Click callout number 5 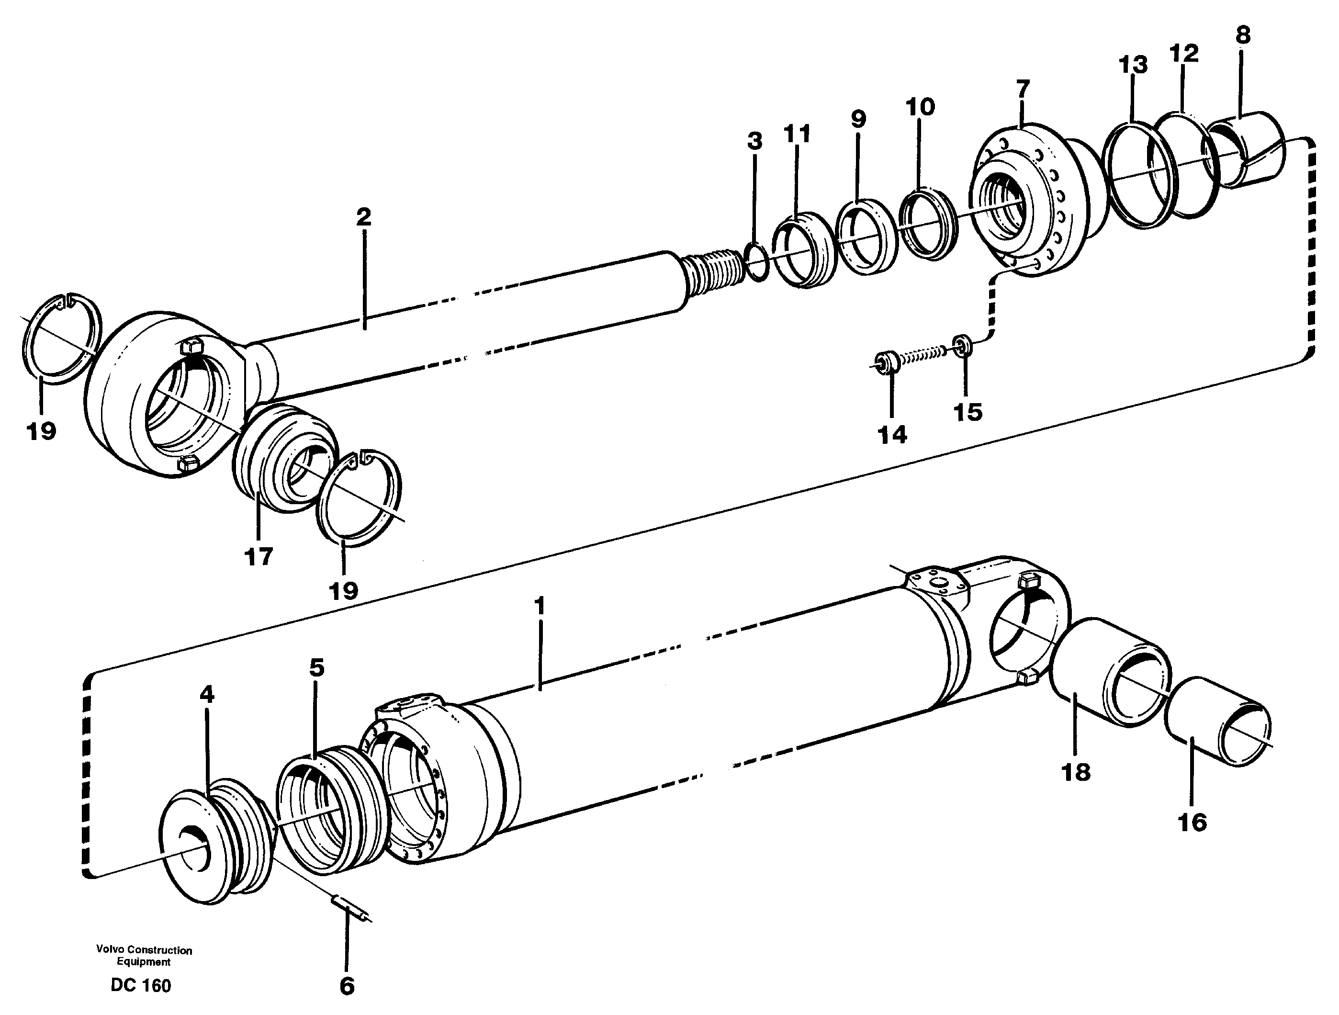click(x=316, y=668)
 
